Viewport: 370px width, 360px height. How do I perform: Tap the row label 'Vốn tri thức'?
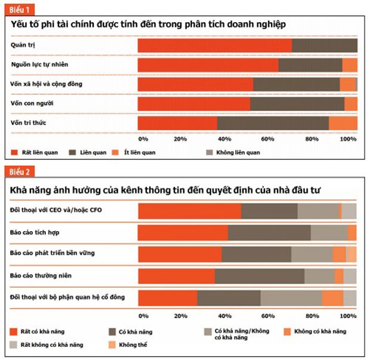(x=29, y=122)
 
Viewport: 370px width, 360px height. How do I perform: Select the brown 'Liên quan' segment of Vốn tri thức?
(x=273, y=123)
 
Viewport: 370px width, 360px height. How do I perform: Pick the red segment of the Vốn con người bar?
(x=194, y=104)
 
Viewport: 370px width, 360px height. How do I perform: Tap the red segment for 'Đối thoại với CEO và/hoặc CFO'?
(x=189, y=211)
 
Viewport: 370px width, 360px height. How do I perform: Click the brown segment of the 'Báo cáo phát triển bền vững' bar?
(x=256, y=254)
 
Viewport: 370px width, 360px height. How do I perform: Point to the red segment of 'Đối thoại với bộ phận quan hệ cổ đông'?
(x=168, y=298)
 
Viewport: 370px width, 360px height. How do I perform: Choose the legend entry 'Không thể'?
(x=131, y=345)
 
